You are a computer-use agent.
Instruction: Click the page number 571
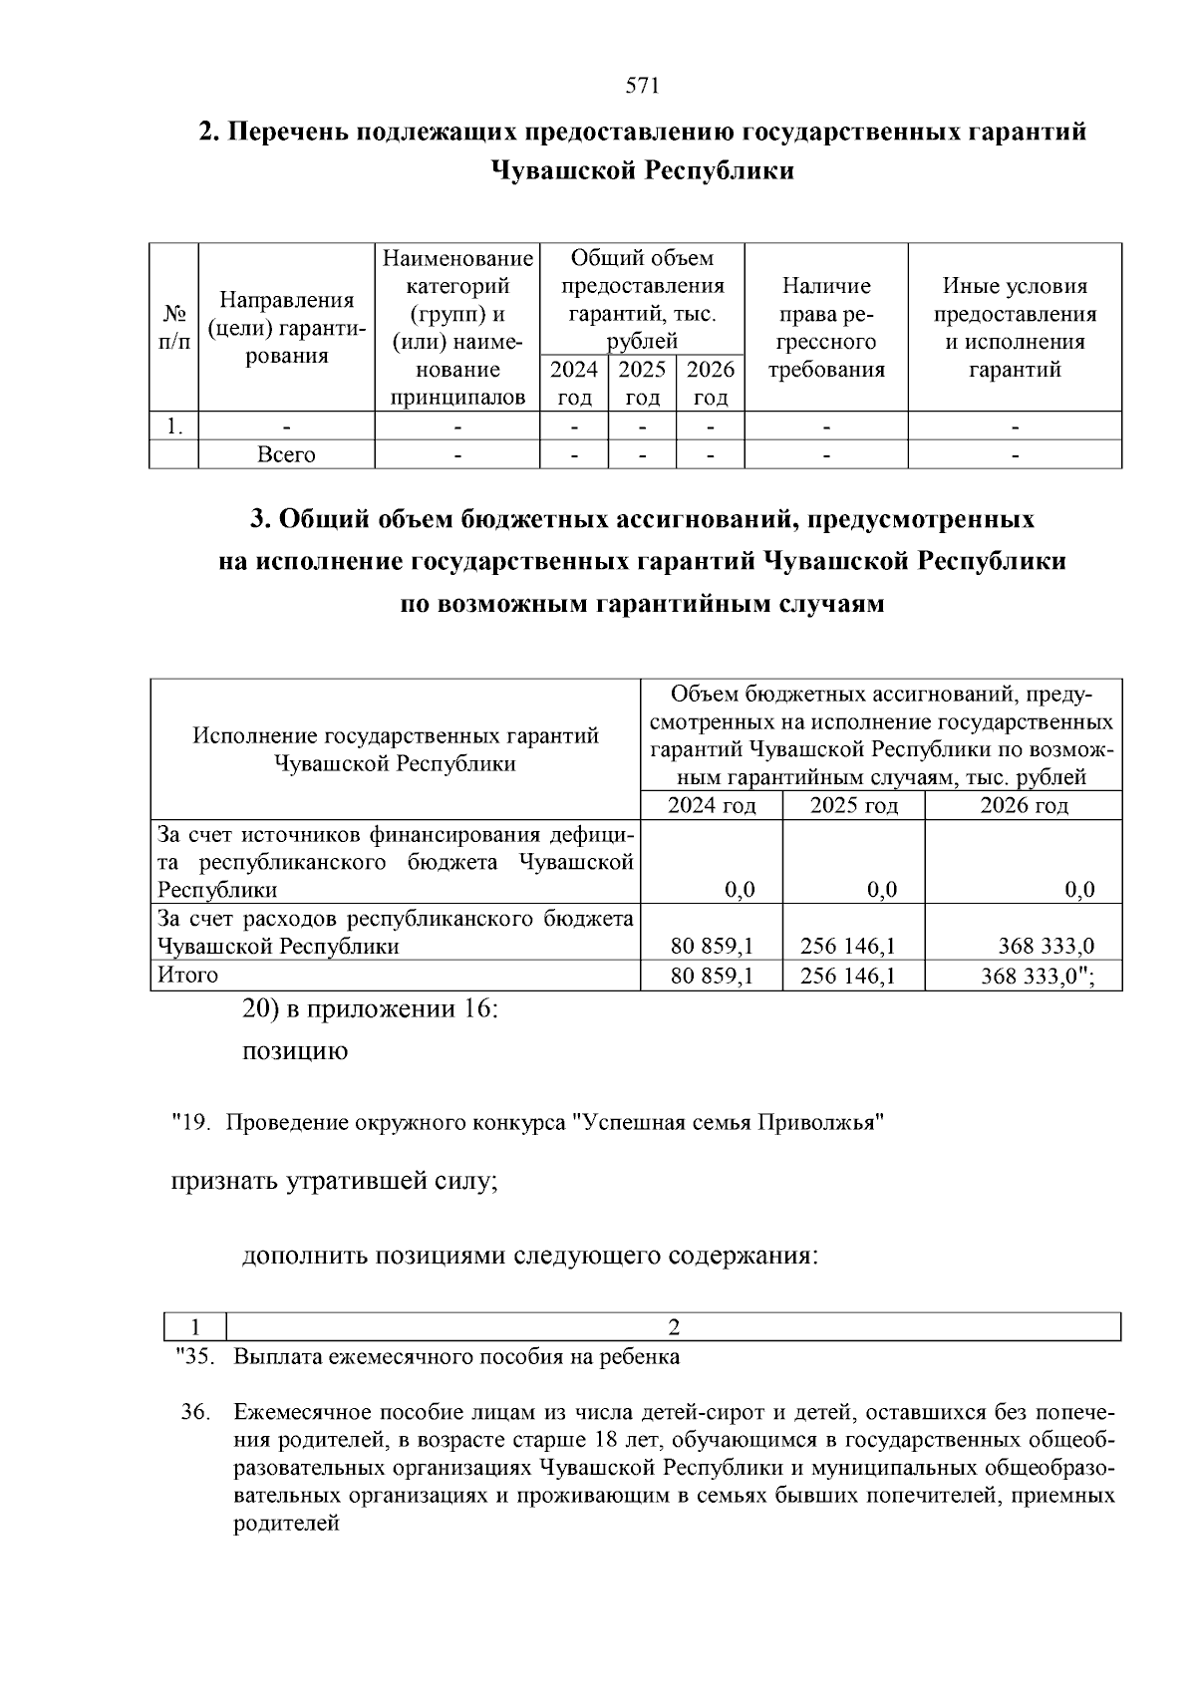[x=642, y=86]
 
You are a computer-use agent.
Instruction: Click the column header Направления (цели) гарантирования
[x=287, y=328]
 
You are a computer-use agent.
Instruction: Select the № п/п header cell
[x=173, y=328]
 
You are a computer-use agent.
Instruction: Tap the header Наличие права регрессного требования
[x=826, y=328]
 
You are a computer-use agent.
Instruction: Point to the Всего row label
[x=286, y=455]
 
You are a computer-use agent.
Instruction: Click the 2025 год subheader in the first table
[x=642, y=384]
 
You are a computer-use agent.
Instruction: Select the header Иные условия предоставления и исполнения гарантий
[x=1015, y=328]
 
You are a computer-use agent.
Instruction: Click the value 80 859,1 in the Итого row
[x=712, y=977]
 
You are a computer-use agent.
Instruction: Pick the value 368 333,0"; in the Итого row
[x=1038, y=977]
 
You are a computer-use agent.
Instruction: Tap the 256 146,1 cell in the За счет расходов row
[x=853, y=947]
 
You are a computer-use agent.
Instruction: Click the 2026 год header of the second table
[x=1024, y=805]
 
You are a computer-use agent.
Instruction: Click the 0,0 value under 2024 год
[x=740, y=890]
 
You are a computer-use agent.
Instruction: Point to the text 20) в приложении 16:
[x=370, y=1008]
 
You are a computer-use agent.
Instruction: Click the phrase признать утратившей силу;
[x=334, y=1182]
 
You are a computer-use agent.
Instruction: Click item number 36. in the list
[x=194, y=1412]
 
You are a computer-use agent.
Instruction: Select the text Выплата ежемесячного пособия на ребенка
[x=456, y=1357]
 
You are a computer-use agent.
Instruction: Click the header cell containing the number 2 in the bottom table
[x=674, y=1327]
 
